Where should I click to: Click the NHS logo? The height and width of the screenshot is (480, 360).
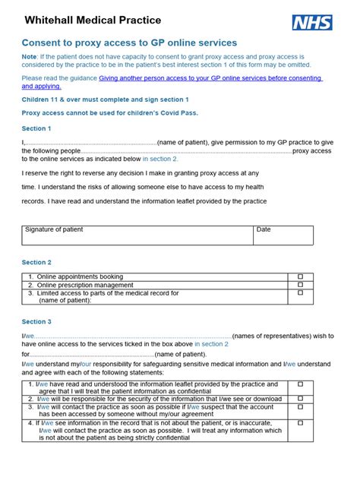311,22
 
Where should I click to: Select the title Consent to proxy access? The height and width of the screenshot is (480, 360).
129,43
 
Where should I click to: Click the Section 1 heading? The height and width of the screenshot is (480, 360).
36,128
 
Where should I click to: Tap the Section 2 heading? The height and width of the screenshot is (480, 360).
36,262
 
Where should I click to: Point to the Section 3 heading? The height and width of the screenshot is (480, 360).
36,322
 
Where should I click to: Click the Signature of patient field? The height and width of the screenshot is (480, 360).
137,235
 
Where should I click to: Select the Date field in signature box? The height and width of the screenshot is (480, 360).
283,235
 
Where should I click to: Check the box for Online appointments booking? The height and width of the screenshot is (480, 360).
300,276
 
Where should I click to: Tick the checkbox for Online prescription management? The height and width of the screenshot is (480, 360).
300,285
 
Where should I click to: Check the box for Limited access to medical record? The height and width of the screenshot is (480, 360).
300,292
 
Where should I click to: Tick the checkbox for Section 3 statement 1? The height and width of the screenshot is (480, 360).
300,384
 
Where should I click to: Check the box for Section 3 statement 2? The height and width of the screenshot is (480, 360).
300,398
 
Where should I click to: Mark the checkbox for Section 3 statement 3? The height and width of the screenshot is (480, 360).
300,407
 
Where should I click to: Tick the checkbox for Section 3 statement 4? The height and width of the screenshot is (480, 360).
300,422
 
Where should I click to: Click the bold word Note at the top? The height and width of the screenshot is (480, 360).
29,56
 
